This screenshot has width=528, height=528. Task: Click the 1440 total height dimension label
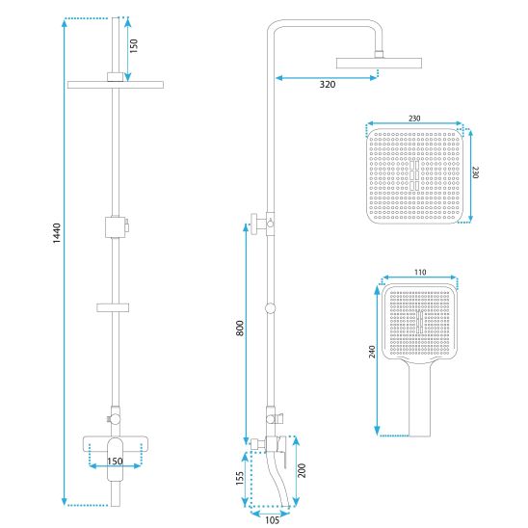point(57,233)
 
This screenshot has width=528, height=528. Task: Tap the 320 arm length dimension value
point(328,84)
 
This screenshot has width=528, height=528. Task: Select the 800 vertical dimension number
point(239,328)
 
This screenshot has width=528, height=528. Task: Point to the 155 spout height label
point(239,478)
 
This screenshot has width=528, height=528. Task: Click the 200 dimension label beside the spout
point(302,470)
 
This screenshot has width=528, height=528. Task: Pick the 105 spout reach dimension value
point(272,520)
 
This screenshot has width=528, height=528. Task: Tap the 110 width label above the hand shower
point(420,272)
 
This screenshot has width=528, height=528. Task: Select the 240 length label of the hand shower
point(372,352)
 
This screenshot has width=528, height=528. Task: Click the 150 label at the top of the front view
point(134,46)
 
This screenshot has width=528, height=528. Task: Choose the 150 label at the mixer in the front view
point(115,461)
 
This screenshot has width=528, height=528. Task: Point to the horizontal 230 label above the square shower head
point(414,119)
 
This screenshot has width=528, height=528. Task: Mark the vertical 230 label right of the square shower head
point(475,172)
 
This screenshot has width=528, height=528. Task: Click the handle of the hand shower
point(419,399)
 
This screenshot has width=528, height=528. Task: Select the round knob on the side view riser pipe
point(270,307)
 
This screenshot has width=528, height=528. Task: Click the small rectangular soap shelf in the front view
point(113,307)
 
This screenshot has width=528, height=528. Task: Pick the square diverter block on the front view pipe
point(116,227)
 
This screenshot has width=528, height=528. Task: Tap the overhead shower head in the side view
point(379,63)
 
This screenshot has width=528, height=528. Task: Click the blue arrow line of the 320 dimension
point(327,78)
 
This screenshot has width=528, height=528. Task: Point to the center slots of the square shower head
point(414,175)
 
